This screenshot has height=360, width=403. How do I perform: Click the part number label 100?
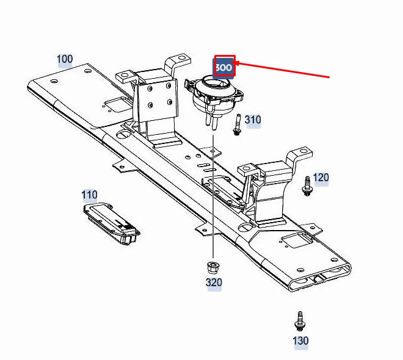[65, 59]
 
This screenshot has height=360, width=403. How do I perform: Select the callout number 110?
[89, 195]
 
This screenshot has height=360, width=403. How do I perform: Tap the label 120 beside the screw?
[321, 178]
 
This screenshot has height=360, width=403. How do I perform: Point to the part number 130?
[300, 340]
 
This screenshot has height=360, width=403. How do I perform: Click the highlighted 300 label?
[223, 68]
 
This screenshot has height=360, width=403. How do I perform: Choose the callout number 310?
[253, 120]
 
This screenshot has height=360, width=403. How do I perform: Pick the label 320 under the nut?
[214, 283]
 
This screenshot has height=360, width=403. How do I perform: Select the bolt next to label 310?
[237, 125]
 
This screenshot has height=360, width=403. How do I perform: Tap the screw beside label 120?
[307, 186]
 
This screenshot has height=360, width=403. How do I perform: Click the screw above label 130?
[300, 321]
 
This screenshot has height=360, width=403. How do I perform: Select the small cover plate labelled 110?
[111, 223]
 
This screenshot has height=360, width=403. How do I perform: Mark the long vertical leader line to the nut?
[213, 196]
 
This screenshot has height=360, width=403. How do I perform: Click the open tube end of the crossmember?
[320, 278]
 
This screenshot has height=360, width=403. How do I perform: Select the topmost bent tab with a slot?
[178, 62]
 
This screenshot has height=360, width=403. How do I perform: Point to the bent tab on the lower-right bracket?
[299, 156]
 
